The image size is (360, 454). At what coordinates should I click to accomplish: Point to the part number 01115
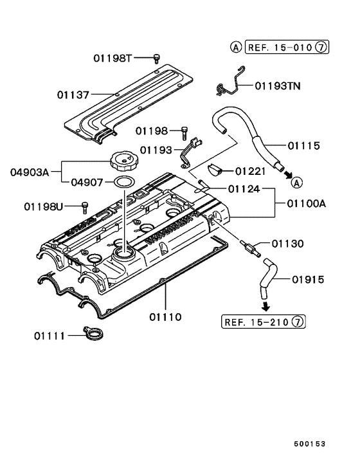pyautogui.click(x=303, y=145)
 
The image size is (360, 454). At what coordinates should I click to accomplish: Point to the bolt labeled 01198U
pyautogui.click(x=84, y=206)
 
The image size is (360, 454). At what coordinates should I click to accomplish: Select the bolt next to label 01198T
pyautogui.click(x=156, y=59)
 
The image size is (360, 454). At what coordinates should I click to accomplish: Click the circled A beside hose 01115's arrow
pyautogui.click(x=296, y=182)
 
